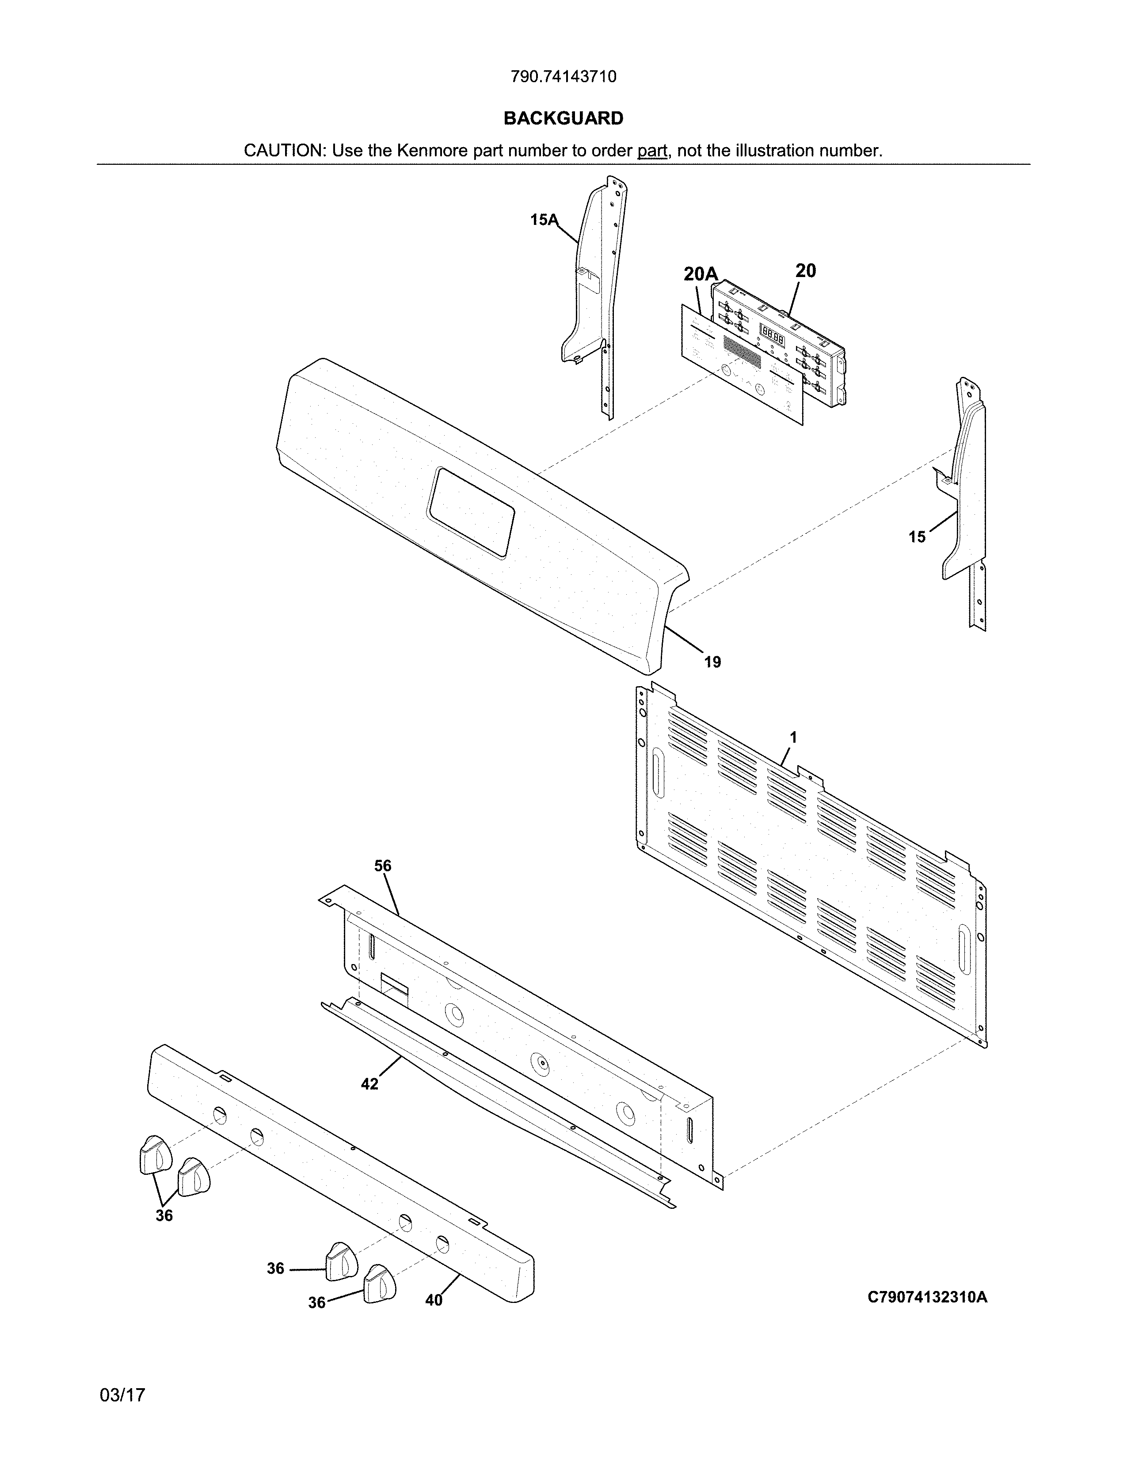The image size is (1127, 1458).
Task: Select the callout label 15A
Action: [544, 220]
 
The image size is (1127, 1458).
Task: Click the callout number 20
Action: [805, 270]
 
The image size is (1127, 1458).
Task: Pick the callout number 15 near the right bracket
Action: [917, 537]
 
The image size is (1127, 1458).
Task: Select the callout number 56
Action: [383, 866]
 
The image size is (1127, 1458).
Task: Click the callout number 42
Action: [369, 1084]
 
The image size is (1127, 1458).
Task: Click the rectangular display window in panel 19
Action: [472, 513]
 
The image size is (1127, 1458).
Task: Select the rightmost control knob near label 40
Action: [379, 1283]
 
